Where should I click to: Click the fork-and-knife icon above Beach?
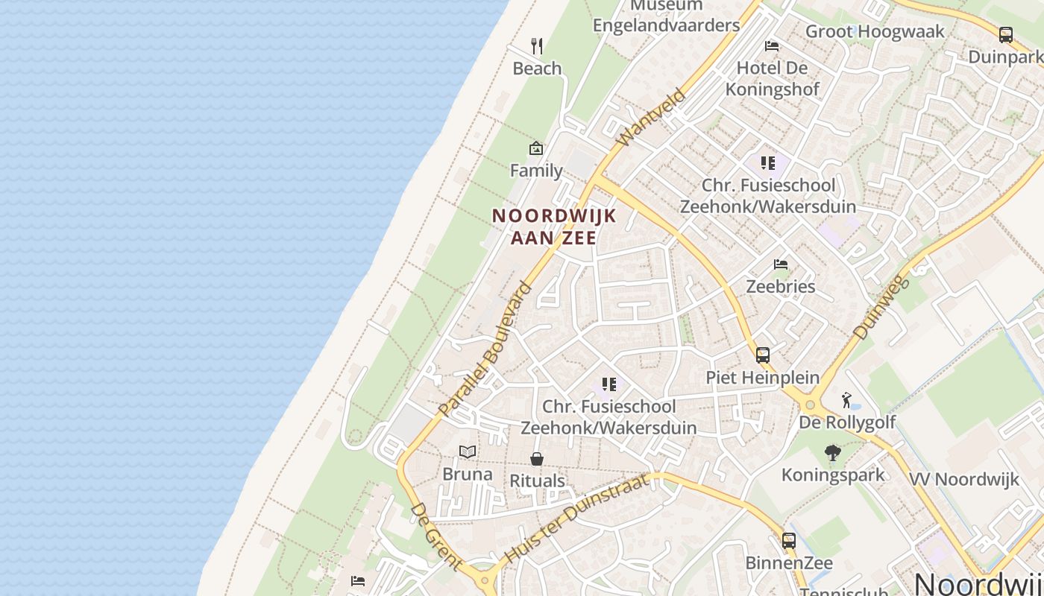tap(537, 46)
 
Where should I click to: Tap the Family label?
tap(536, 171)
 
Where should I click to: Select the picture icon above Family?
tap(535, 148)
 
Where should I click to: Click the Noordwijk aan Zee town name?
tap(554, 226)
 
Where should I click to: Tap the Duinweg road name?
tap(881, 307)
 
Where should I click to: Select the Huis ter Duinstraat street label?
tap(576, 519)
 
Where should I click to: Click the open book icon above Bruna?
tap(468, 451)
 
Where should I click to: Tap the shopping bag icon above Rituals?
tap(537, 459)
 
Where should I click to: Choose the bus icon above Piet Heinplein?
tap(762, 355)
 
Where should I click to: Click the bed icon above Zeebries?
tap(781, 264)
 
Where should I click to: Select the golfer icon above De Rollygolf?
tap(846, 400)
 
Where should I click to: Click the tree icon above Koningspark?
tap(833, 452)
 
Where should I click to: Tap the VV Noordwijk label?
tap(963, 479)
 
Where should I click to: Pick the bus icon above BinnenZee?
tap(789, 540)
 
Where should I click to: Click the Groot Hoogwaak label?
tap(875, 31)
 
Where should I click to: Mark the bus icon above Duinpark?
tap(1005, 34)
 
